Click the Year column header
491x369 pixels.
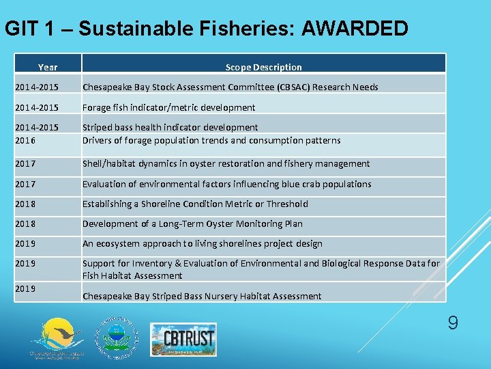(48, 67)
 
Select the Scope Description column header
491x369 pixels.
(263, 67)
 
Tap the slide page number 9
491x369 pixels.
(453, 323)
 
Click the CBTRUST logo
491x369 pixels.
(182, 338)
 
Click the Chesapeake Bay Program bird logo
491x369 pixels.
(57, 339)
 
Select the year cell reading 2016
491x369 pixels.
(25, 140)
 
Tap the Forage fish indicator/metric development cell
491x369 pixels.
(168, 107)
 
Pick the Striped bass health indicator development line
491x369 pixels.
(170, 127)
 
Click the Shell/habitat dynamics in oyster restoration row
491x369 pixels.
(226, 163)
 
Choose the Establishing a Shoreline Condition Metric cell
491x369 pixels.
(195, 204)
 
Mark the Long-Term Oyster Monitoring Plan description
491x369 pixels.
(192, 223)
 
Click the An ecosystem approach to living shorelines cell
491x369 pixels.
(202, 243)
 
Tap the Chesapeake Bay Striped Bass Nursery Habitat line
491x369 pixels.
(202, 296)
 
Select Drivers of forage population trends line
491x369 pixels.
(211, 140)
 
